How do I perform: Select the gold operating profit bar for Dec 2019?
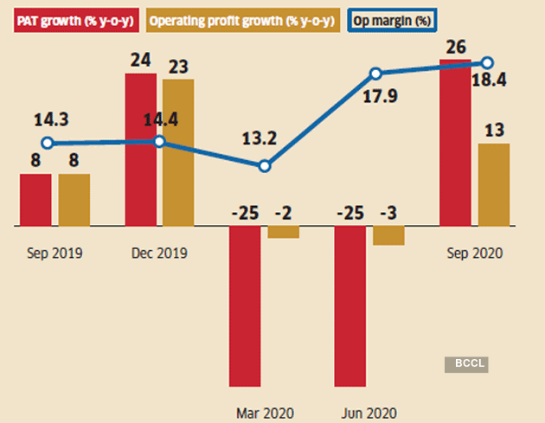pyautogui.click(x=179, y=152)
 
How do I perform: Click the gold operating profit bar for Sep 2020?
pyautogui.click(x=494, y=184)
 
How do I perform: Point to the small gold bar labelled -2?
pyautogui.click(x=283, y=232)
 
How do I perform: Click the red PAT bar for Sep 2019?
pyautogui.click(x=35, y=200)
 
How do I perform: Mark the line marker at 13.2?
pyautogui.click(x=265, y=166)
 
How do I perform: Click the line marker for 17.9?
pyautogui.click(x=376, y=74)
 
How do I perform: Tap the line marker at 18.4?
pyautogui.click(x=487, y=62)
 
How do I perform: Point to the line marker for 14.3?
pyautogui.click(x=48, y=144)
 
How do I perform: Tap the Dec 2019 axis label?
pyautogui.click(x=159, y=253)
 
